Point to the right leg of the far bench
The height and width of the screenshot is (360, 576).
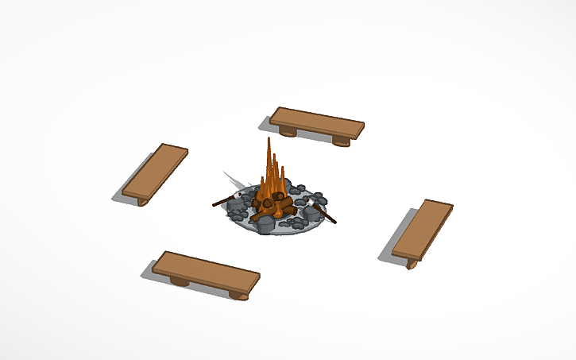pyautogui.click(x=341, y=141)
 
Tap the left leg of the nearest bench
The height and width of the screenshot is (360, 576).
pyautogui.click(x=180, y=281)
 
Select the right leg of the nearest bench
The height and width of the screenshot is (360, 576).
pyautogui.click(x=238, y=294)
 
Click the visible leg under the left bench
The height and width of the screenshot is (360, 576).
pyautogui.click(x=142, y=201)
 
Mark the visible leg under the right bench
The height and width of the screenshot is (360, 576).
pyautogui.click(x=412, y=263)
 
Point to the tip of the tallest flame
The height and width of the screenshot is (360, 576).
pyautogui.click(x=269, y=140)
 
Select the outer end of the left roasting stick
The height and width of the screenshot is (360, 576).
pyautogui.click(x=215, y=204)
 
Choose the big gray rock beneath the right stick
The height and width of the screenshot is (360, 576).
pyautogui.click(x=311, y=212)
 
